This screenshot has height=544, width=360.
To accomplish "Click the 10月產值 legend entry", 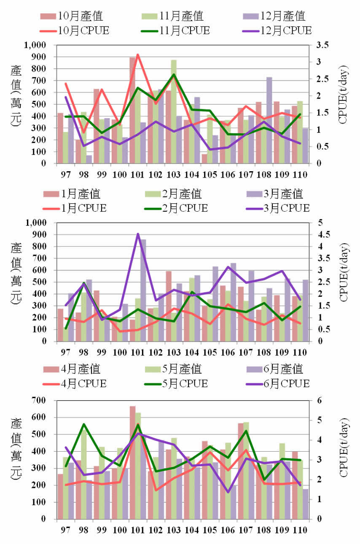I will (72, 16).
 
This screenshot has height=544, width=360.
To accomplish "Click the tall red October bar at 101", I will (132, 110).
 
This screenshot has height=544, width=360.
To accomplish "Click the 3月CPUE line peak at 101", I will (138, 234).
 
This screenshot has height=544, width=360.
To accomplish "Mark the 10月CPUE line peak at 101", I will (138, 55).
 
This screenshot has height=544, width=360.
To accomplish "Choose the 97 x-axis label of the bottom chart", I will (66, 530).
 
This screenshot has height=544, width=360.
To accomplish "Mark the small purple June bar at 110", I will (305, 504).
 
